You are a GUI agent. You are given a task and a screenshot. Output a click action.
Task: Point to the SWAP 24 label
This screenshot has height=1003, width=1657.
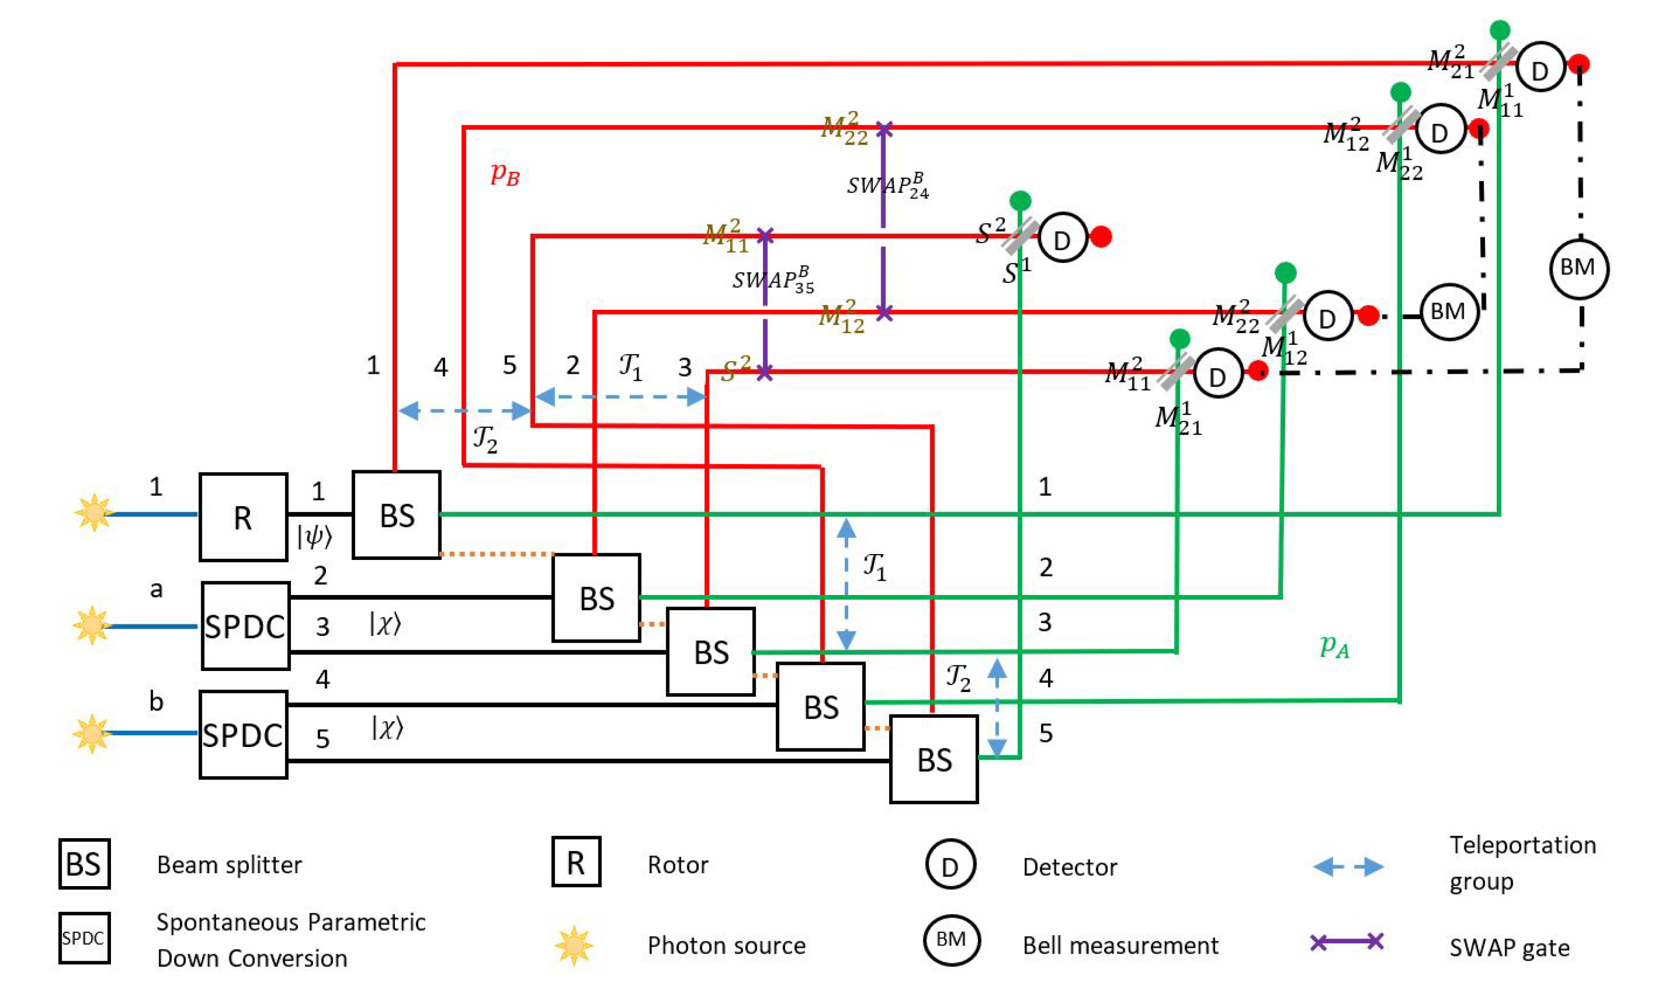[x=888, y=185]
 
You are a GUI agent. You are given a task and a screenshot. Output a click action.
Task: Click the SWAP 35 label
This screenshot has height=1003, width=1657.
[x=773, y=280]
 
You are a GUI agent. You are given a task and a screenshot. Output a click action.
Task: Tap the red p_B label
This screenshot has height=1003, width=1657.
[x=505, y=174]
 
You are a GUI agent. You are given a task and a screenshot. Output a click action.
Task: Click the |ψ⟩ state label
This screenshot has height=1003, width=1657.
[x=315, y=537]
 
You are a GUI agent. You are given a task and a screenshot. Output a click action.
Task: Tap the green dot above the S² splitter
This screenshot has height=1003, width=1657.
[x=1020, y=200]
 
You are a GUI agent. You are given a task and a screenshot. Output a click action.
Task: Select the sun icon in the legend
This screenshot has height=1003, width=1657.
[x=574, y=945]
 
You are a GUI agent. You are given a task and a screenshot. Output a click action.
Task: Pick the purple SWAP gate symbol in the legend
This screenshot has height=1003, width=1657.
[x=1347, y=941]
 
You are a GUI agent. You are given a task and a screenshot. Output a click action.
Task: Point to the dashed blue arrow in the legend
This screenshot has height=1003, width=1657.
[x=1348, y=866]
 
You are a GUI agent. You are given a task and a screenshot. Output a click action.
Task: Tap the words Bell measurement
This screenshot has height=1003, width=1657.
[x=1120, y=945]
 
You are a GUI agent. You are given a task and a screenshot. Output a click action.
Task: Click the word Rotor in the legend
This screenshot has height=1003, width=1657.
[x=678, y=864]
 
